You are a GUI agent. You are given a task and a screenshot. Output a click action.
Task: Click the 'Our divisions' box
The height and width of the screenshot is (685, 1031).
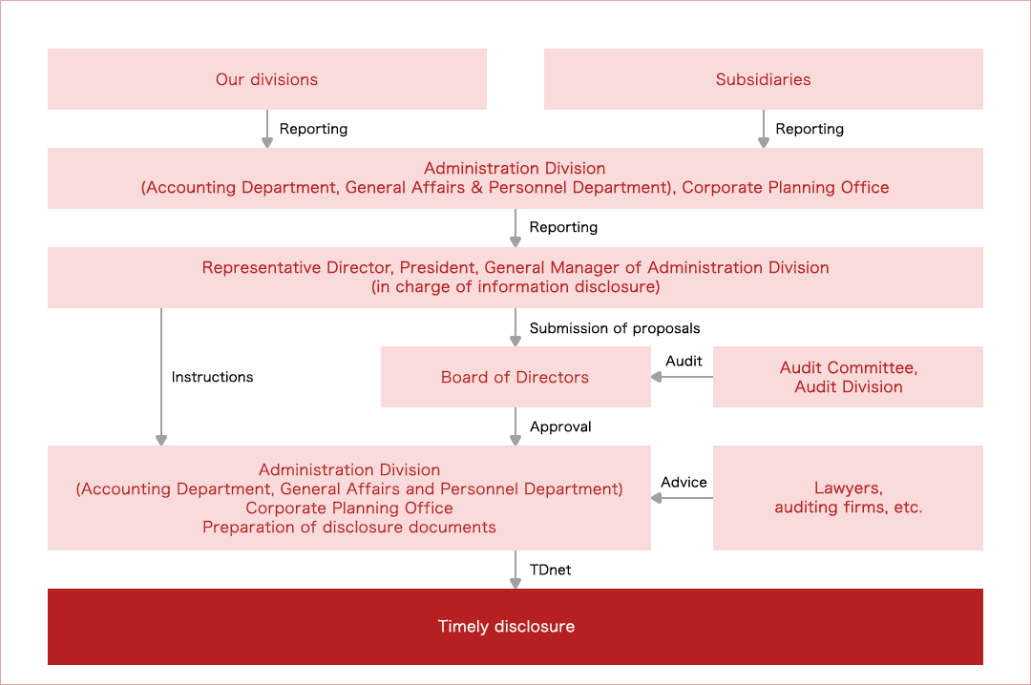coord(266,79)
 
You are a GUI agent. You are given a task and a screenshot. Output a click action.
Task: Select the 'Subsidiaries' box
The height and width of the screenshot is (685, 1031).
coord(763,79)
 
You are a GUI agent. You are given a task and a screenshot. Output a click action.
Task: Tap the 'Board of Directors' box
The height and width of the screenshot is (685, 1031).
coord(515,377)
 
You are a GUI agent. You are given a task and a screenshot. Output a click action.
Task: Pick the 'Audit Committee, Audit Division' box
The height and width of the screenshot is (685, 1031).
coord(848,377)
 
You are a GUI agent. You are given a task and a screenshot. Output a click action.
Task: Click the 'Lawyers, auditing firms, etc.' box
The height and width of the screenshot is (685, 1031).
coord(848,498)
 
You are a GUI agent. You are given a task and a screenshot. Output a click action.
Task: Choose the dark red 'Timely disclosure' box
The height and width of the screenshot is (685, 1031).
coord(515,627)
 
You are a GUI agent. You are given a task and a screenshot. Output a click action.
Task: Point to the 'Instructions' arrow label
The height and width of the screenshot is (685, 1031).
coord(212,377)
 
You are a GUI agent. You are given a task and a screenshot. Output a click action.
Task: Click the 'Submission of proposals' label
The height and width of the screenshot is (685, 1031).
coord(614,328)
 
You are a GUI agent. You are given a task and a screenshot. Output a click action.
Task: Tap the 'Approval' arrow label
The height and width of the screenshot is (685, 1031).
coord(560,426)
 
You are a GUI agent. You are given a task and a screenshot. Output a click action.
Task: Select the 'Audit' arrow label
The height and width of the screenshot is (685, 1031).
coord(684,361)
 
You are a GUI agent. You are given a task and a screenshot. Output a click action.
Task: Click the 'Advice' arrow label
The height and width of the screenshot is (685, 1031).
coord(684,482)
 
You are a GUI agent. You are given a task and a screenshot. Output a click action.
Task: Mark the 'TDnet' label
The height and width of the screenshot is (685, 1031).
coord(550,570)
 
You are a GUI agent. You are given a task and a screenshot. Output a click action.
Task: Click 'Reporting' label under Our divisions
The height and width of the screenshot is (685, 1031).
coord(313,129)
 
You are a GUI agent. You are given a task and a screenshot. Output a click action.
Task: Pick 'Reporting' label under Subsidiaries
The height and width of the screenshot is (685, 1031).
coord(810,129)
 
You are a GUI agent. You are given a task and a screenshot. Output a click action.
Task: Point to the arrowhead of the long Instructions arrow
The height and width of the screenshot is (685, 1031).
coord(161,440)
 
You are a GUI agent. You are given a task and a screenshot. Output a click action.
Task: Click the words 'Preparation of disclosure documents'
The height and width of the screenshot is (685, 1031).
coord(349,527)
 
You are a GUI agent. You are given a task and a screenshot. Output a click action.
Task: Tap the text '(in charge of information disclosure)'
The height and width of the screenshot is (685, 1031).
coord(515,286)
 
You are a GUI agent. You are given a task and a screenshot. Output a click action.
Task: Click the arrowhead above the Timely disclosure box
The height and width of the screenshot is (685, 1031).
coord(515,583)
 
